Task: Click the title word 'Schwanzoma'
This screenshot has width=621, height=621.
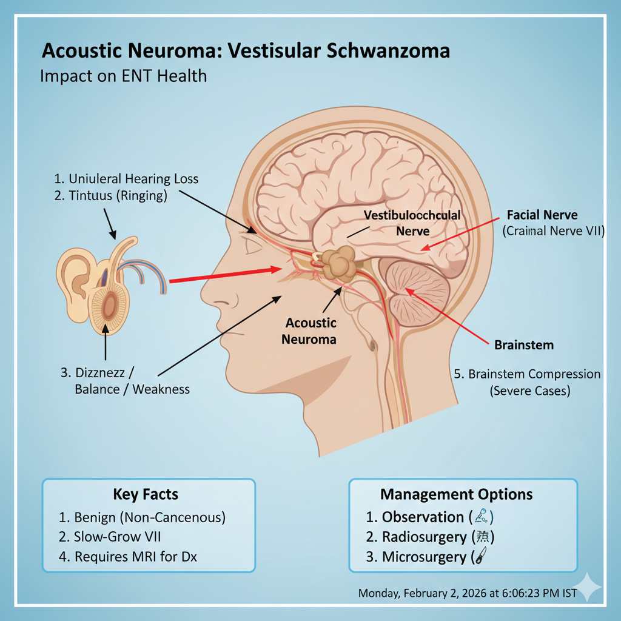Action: coord(388,50)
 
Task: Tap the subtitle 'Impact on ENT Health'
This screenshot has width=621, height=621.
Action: coord(123,76)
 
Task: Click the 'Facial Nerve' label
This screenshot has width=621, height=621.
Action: coord(542,215)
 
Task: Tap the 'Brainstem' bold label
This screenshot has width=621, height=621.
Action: coord(524,345)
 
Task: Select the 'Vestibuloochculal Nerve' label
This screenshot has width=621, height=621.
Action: coord(412,223)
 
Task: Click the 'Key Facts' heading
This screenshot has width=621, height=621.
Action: coord(146,494)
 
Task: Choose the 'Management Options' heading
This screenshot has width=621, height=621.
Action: coord(456,494)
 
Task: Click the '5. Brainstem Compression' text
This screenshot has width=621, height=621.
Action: coord(528,374)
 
